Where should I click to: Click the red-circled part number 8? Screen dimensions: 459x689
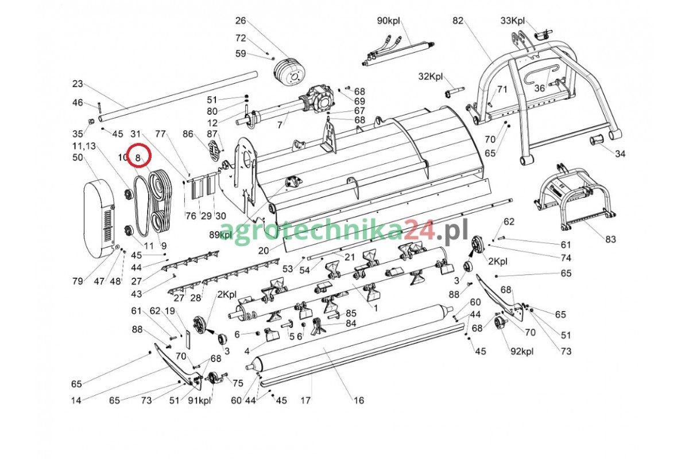pos(138,157)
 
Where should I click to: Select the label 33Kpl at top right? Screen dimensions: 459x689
pos(513,21)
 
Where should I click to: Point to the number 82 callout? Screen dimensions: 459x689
pos(458,21)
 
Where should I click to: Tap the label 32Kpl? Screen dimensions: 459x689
pos(431,76)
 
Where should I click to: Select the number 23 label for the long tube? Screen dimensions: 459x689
pos(78,84)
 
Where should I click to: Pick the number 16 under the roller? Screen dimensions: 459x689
pos(358,400)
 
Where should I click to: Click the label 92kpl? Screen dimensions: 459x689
pos(522,351)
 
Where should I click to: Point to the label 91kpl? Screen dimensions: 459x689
pos(200,400)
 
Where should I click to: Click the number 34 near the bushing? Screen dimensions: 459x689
pos(620,154)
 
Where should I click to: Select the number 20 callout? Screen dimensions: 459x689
pos(264,250)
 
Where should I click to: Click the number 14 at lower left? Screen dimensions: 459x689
pos(76,400)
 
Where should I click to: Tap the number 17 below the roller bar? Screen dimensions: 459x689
pos(306,400)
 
